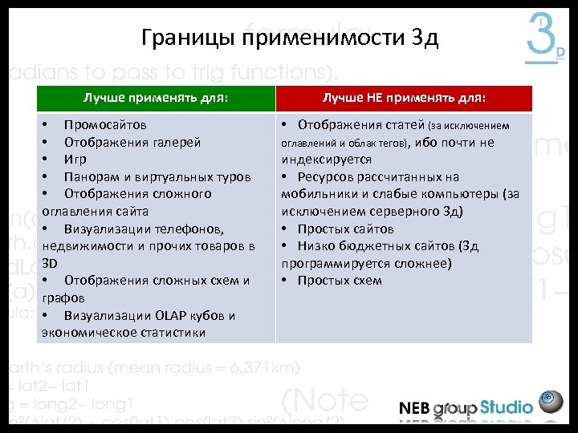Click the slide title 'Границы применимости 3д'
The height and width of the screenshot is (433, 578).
pos(289,38)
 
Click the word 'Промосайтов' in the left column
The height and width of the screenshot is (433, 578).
pos(105,125)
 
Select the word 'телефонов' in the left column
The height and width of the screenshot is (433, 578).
pos(181,229)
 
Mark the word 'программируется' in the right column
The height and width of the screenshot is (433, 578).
pos(332,263)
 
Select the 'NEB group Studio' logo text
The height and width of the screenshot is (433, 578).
pos(465,407)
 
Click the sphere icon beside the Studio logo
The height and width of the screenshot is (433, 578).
pos(551,402)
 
